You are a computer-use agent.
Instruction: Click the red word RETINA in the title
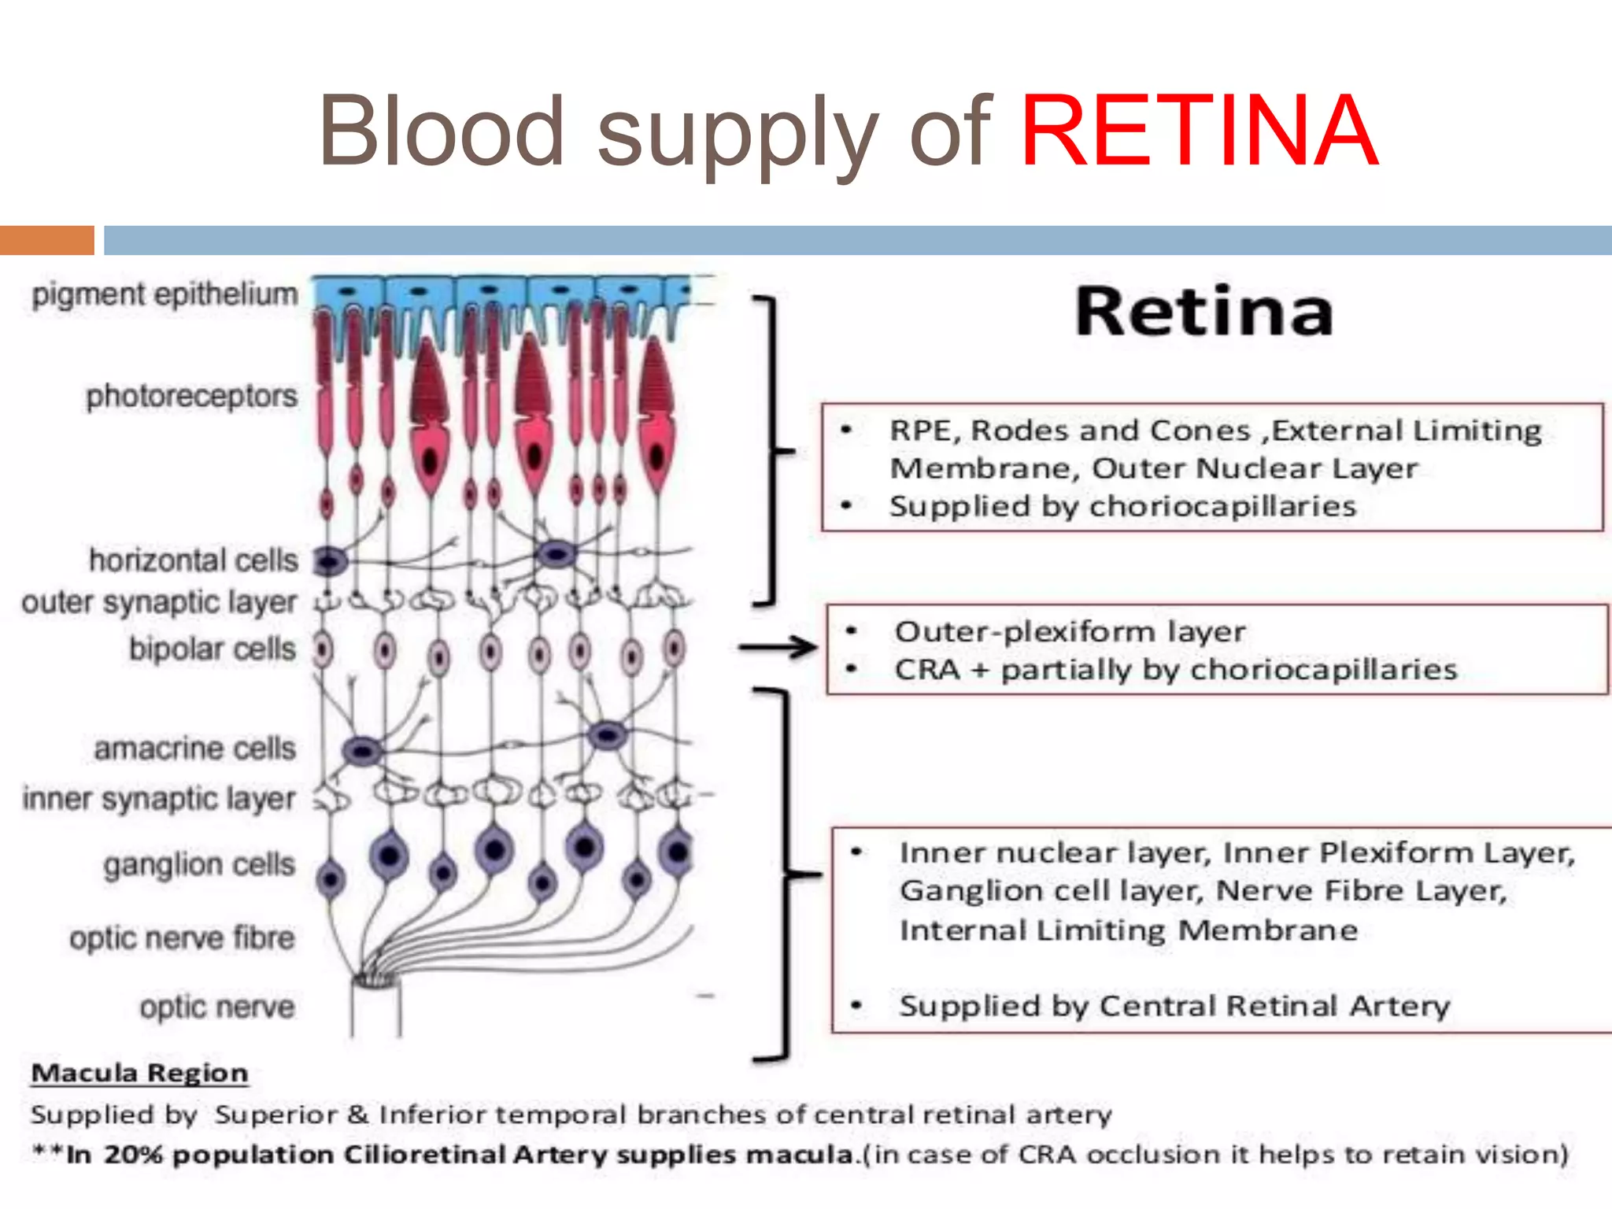1198,131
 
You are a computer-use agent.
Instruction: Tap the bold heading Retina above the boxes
1203,312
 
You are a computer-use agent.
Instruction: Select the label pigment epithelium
165,294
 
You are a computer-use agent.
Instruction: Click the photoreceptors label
191,396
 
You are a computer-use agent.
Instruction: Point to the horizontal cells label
193,560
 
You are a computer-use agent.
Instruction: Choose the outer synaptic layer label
159,603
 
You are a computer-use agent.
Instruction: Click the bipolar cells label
213,649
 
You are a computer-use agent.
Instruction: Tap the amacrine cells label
194,749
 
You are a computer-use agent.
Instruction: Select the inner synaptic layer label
159,799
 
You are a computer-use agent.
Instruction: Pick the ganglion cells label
199,865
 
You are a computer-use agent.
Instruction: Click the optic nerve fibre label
182,938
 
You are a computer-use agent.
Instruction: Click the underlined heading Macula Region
139,1074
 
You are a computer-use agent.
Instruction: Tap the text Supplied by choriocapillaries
1122,506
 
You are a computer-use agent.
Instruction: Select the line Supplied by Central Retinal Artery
1174,1006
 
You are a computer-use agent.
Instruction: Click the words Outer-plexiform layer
1070,631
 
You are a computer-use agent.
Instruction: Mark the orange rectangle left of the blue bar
46,240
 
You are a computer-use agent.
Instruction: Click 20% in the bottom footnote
135,1155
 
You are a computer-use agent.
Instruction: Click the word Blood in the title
441,131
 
